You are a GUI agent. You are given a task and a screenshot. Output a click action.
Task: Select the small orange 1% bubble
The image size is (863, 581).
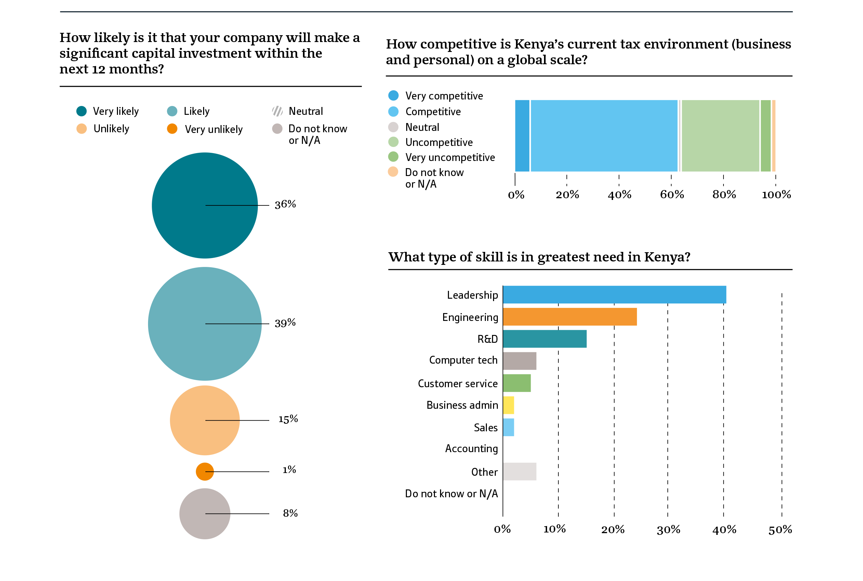coord(204,471)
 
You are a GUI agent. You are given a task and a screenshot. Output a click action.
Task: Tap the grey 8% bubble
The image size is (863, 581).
coord(204,514)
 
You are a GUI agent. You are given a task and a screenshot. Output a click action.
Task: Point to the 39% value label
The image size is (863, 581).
coord(285,323)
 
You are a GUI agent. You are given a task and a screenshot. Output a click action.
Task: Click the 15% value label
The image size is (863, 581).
coord(288,419)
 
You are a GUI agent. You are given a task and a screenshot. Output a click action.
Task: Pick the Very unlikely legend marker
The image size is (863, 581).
coord(172,129)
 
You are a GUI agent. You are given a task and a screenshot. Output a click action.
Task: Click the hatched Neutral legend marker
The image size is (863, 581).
coord(277,111)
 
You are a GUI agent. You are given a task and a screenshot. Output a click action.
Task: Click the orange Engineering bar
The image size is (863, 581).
coord(569,317)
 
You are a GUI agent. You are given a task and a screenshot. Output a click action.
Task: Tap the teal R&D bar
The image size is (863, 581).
coord(545,339)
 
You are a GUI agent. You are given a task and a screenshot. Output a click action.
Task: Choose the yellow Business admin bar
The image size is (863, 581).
coord(508,405)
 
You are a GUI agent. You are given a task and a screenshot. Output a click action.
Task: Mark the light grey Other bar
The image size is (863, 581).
coord(519,471)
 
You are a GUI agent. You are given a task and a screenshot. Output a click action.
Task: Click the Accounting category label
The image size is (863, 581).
coord(471,449)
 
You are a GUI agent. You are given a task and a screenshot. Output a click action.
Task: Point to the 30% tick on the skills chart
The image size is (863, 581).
coord(668,529)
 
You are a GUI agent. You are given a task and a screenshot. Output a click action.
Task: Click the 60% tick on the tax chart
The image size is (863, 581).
coord(672,194)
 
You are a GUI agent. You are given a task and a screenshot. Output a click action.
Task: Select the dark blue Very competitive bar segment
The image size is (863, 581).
coord(522,136)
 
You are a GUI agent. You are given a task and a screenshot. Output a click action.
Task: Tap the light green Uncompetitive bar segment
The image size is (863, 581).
coord(720,136)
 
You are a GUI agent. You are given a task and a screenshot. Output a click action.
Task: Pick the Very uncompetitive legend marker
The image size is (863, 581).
coord(393,157)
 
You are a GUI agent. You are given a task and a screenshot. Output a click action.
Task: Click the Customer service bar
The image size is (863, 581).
coord(517,383)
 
